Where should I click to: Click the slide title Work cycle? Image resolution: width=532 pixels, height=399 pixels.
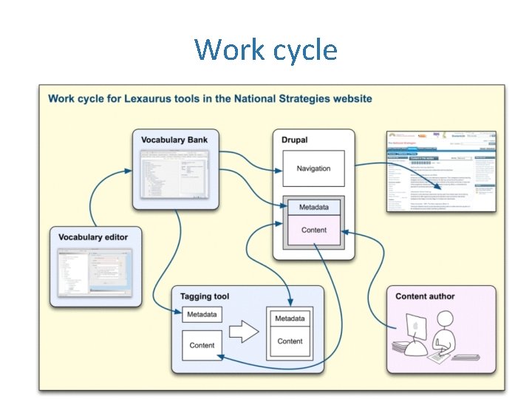pos(266,50)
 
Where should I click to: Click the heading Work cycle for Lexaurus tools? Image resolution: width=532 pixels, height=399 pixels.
pos(210,98)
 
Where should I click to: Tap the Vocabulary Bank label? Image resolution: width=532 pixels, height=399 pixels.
pos(174,140)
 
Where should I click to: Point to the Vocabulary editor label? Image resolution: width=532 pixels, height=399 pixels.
pos(93,237)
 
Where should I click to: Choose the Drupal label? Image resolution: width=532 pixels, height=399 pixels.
pos(295,140)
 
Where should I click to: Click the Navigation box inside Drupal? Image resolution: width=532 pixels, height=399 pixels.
pos(313,168)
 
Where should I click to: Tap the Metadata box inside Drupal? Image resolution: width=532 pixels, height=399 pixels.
pos(313,207)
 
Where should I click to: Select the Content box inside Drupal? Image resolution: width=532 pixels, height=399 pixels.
pos(313,230)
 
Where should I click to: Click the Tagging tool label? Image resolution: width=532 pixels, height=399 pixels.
pos(205,296)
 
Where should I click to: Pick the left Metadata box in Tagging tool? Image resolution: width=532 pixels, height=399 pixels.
pos(202,314)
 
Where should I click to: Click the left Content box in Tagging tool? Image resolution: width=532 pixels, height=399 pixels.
pos(202,345)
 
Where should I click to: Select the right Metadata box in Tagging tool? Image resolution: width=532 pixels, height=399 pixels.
pos(290,318)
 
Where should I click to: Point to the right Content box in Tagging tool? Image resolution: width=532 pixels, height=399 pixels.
pos(290,341)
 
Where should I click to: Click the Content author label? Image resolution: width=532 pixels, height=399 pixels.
pos(425,296)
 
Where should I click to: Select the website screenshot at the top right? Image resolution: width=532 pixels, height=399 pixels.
pos(441,171)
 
